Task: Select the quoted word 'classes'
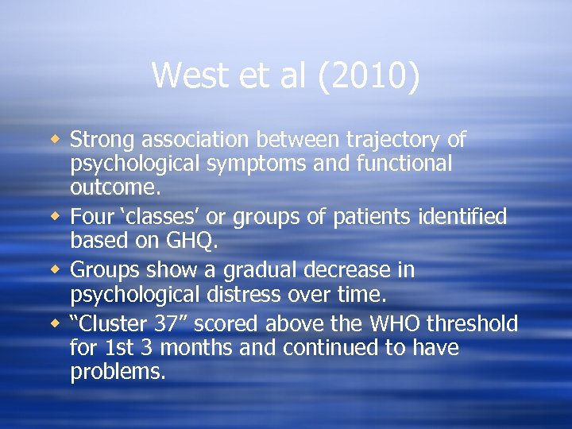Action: [164, 217]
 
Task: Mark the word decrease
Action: [357, 270]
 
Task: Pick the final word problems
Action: [118, 372]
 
